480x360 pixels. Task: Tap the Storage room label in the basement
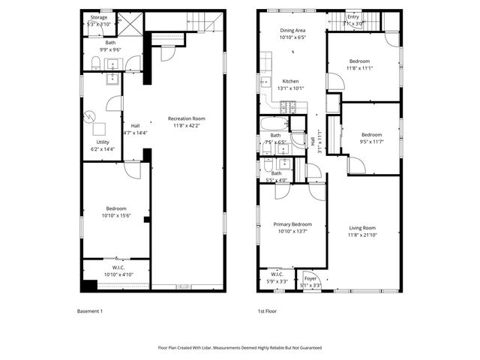98,16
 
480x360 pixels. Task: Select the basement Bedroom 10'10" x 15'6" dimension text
115,215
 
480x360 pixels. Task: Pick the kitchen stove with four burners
298,106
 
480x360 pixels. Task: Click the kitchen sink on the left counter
265,82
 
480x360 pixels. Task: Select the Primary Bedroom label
292,224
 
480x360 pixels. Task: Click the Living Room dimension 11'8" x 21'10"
361,235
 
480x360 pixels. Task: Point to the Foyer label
310,278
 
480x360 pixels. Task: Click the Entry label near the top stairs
352,16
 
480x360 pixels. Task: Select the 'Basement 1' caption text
90,310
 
